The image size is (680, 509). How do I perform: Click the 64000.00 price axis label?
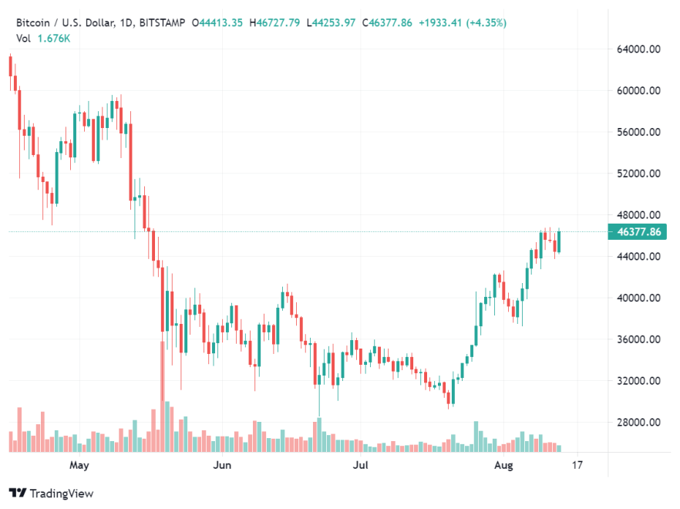(x=639, y=49)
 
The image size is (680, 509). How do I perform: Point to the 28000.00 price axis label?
(x=639, y=423)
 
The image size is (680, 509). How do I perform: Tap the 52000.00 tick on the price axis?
(x=639, y=174)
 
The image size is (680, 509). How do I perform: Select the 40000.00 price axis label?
(x=639, y=298)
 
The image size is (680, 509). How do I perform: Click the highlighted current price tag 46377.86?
(x=635, y=231)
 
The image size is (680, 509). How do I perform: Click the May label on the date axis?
(x=79, y=465)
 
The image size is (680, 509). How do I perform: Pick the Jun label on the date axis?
(x=222, y=465)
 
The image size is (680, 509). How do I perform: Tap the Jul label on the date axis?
(x=359, y=465)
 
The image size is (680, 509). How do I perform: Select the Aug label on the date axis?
(x=503, y=465)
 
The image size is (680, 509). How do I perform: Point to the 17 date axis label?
(x=577, y=465)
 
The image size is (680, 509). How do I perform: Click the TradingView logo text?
(x=62, y=493)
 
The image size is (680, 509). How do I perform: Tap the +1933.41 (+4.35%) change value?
(x=463, y=23)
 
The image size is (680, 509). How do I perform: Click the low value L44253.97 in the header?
(x=331, y=23)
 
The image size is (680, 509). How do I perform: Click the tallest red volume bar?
(x=162, y=393)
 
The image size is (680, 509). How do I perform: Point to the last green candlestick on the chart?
(x=558, y=241)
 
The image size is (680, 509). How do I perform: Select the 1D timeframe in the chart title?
(x=127, y=23)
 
